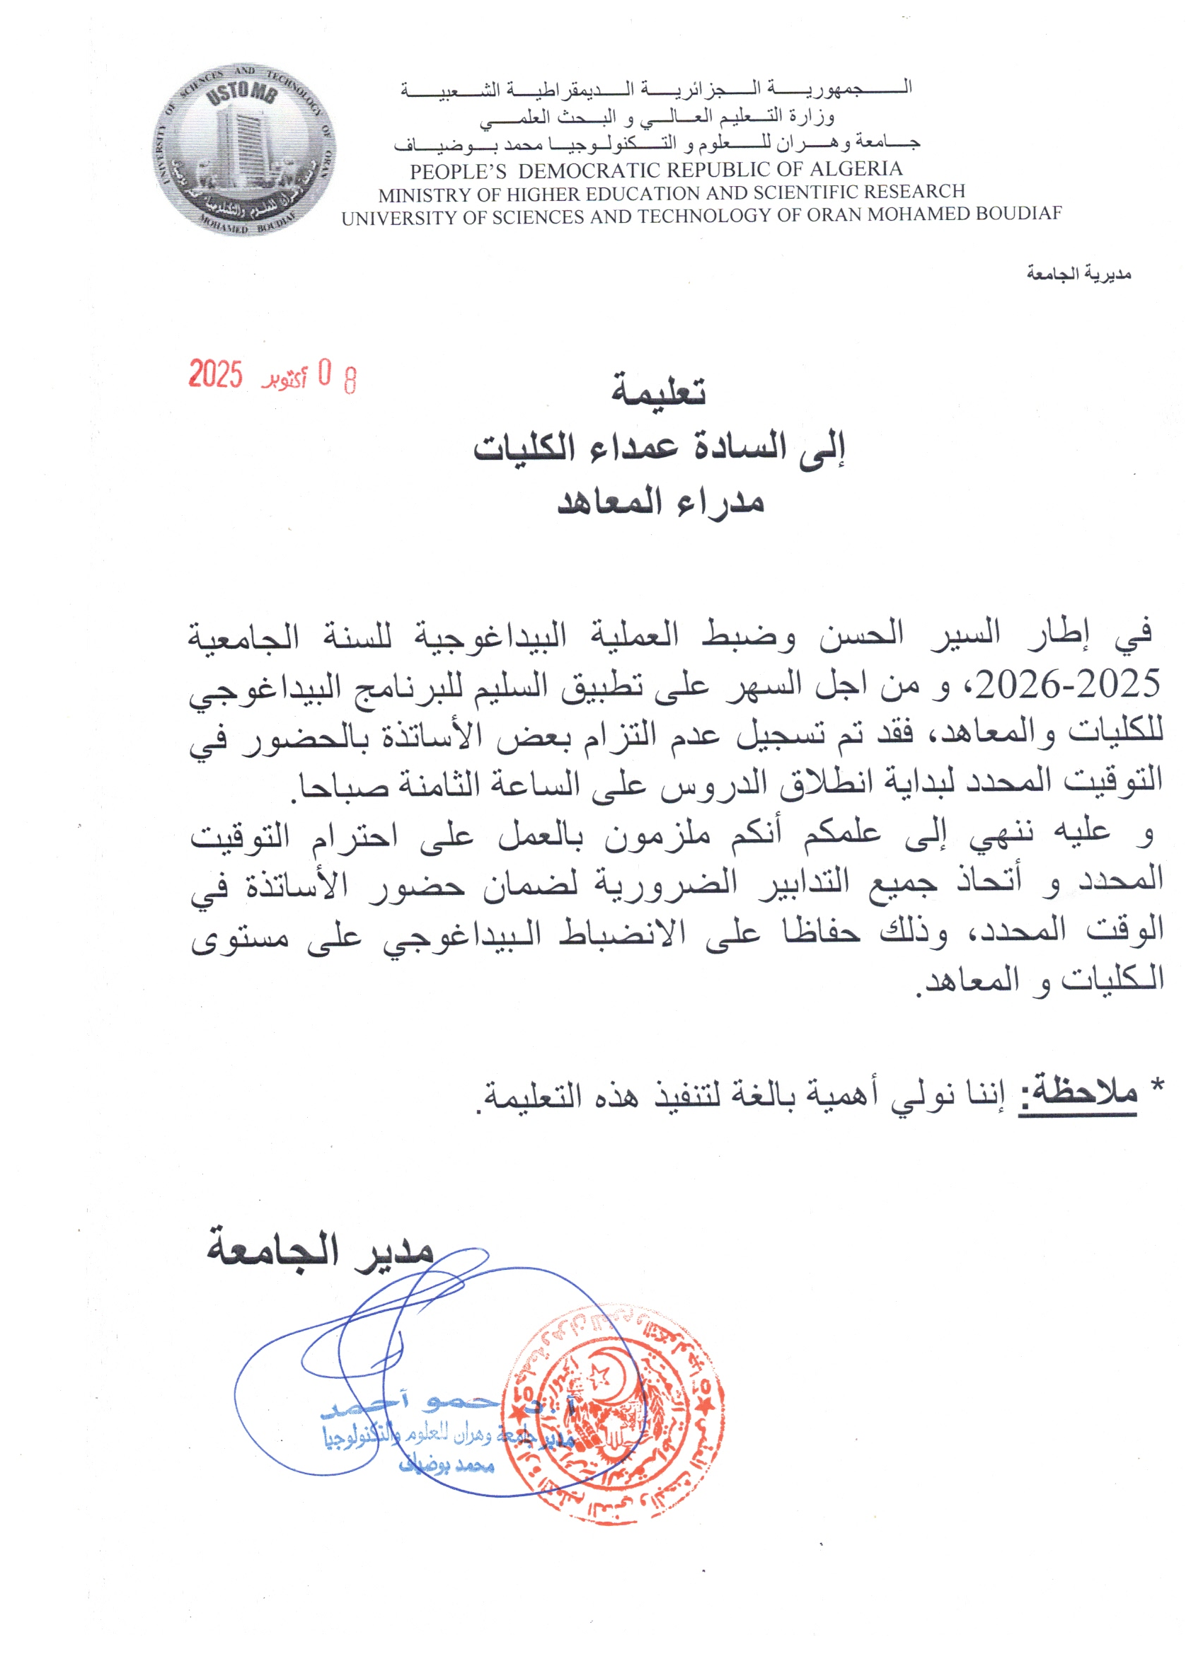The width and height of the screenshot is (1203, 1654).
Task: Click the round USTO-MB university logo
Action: click(x=244, y=149)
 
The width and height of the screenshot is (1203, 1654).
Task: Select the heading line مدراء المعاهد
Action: click(x=660, y=502)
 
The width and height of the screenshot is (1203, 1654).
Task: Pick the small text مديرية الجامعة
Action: click(x=1078, y=274)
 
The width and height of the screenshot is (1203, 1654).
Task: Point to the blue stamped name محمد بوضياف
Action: click(x=447, y=1465)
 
